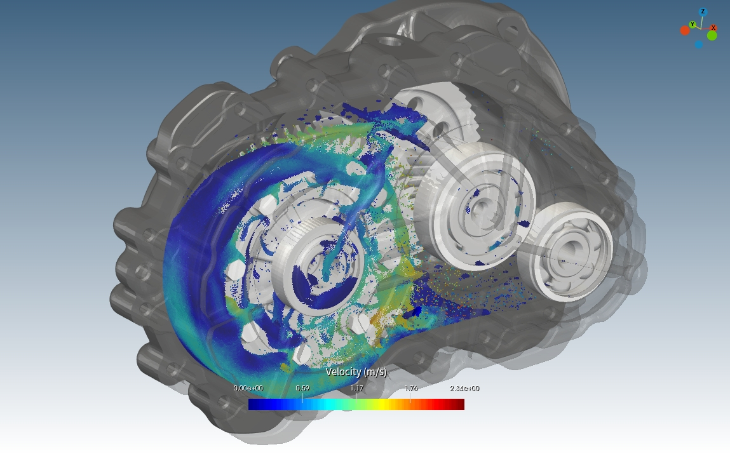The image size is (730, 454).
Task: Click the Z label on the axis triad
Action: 703,11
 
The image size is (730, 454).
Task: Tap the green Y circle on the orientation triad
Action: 693,25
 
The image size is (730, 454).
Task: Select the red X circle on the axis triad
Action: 713,27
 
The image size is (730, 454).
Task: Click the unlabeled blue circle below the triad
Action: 699,44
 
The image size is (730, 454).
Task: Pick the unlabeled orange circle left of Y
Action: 685,30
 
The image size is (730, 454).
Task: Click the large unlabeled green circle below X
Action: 712,36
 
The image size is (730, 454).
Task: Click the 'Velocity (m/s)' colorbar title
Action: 356,372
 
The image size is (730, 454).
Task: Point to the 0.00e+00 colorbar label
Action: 248,389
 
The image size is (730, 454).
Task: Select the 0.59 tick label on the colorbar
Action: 302,389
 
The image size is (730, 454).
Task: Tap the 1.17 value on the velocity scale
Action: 356,389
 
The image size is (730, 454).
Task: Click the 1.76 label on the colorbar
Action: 410,389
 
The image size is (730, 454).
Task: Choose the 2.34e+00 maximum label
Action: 464,389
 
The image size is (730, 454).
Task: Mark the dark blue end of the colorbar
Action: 253,404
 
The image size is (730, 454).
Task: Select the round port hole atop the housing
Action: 389,41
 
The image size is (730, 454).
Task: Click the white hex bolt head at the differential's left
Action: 234,269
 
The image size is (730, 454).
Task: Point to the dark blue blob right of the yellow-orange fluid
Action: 417,311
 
